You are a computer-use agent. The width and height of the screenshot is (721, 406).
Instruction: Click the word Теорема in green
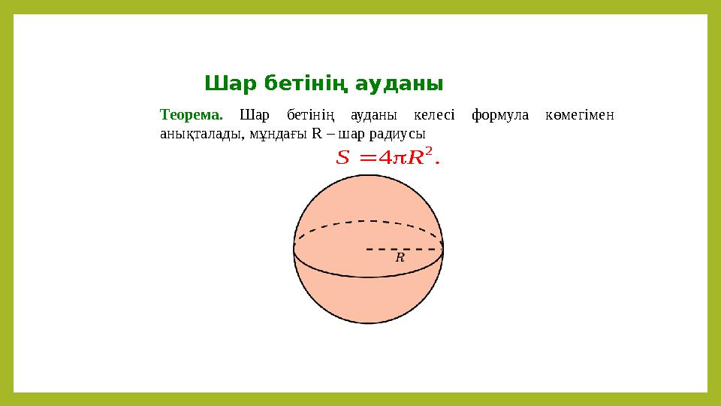pos(192,115)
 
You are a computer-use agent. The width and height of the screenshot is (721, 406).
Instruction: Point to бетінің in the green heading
pos(306,82)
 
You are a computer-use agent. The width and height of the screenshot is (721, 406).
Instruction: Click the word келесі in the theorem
pos(434,115)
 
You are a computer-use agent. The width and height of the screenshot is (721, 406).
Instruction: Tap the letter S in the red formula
pos(343,158)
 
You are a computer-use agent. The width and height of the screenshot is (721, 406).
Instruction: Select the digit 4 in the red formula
pos(388,158)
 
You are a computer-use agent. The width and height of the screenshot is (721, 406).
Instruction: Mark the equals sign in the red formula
pos(369,158)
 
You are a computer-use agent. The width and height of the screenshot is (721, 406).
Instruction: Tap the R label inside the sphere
pos(400,257)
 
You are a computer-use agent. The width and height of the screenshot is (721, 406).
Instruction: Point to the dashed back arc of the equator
pos(368,222)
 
